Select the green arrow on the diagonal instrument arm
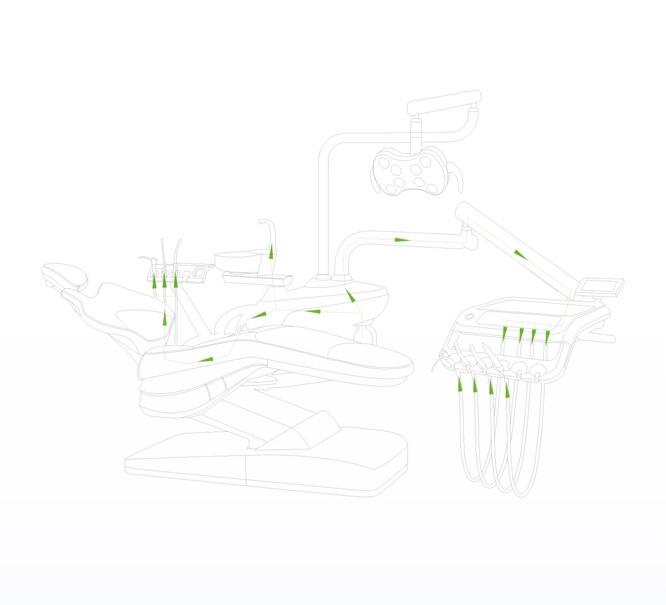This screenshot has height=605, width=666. tap(520, 255)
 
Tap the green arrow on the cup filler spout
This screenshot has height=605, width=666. tap(271, 252)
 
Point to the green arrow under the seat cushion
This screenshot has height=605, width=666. tap(206, 360)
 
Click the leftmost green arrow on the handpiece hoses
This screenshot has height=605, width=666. tap(460, 384)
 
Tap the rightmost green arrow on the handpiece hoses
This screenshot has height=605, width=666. tap(507, 390)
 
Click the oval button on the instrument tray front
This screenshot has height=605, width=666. tap(470, 317)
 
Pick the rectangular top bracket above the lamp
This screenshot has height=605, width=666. tap(444, 102)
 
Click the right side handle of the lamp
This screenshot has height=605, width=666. tap(457, 178)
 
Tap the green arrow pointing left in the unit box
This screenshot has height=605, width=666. tap(312, 311)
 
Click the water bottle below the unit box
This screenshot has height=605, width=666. tap(364, 334)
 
